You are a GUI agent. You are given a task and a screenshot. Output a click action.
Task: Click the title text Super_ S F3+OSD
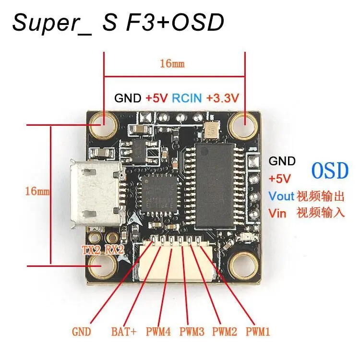click(x=118, y=23)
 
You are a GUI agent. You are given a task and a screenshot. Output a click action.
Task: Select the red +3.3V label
click(x=223, y=98)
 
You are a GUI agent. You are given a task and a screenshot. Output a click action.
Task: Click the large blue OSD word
click(x=329, y=170)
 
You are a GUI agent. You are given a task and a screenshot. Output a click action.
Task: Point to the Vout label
click(x=280, y=196)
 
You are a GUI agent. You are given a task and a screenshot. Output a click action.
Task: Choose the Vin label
click(x=277, y=213)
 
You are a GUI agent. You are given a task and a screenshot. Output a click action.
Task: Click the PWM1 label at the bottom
click(x=259, y=331)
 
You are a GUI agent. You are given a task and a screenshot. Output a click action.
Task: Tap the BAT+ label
click(x=124, y=331)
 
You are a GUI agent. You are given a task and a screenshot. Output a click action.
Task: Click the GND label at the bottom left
click(x=81, y=331)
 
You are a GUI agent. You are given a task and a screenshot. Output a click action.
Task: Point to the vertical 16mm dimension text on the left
click(x=37, y=191)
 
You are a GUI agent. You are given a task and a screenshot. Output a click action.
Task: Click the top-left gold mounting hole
click(x=103, y=122)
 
